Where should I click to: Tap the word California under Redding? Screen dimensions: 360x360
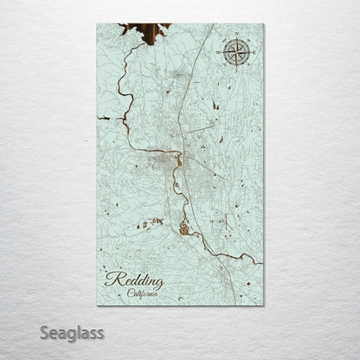click(142, 294)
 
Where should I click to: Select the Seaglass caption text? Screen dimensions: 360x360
click(73, 332)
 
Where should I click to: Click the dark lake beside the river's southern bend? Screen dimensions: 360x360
click(183, 228)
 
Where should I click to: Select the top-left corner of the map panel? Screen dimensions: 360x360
click(98, 24)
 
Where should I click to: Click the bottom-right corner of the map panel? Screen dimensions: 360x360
click(264, 305)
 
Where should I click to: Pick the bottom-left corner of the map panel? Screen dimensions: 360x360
click(98, 305)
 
